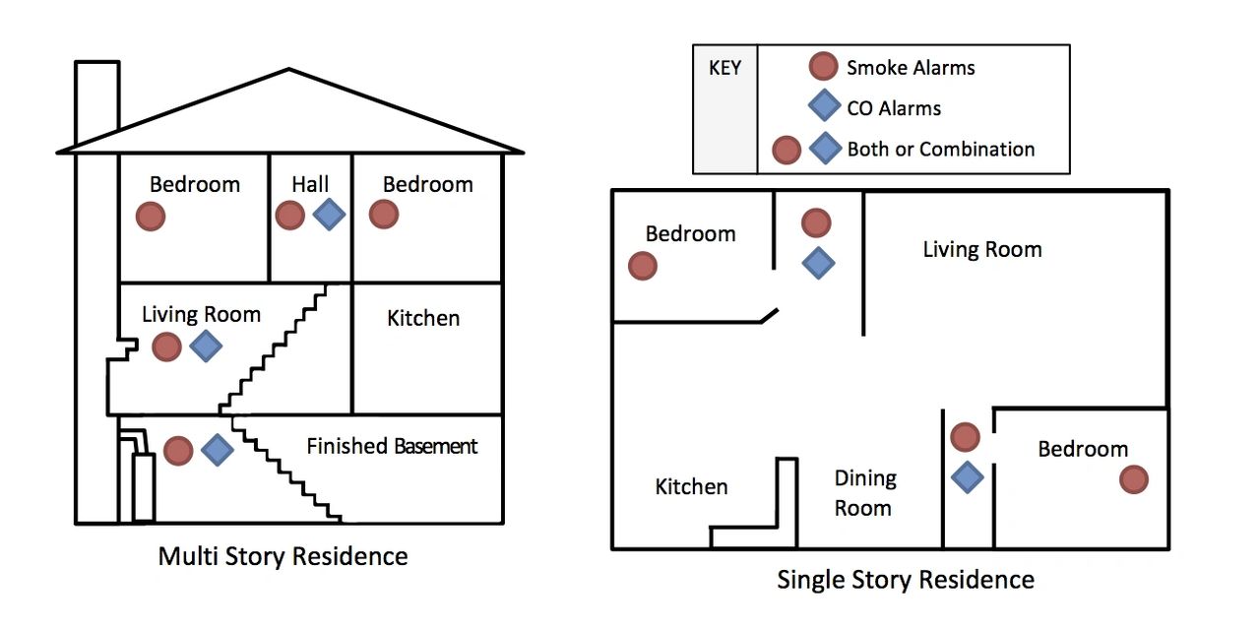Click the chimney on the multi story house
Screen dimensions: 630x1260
point(96,98)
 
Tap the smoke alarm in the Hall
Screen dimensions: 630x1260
point(289,216)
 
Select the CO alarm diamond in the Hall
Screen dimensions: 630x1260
point(329,215)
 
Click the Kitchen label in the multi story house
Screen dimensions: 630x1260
point(423,318)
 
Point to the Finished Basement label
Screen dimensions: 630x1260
point(392,446)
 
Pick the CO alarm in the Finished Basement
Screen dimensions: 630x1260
point(218,450)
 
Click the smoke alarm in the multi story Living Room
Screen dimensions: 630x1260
point(166,346)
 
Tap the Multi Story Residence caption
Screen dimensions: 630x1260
point(283,556)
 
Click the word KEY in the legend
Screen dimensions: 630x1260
point(725,69)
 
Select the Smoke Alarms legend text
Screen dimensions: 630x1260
point(911,68)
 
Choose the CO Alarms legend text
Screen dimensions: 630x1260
point(894,108)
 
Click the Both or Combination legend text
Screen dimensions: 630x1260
point(941,150)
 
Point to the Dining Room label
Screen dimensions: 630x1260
point(864,493)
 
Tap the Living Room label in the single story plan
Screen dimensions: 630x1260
point(981,249)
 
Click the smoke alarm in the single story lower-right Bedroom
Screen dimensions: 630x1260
point(1134,479)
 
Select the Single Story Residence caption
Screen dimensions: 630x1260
point(906,579)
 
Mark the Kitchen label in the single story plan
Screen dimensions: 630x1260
point(691,486)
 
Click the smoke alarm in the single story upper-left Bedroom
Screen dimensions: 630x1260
point(642,266)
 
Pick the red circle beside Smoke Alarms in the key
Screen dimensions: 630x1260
point(823,67)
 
